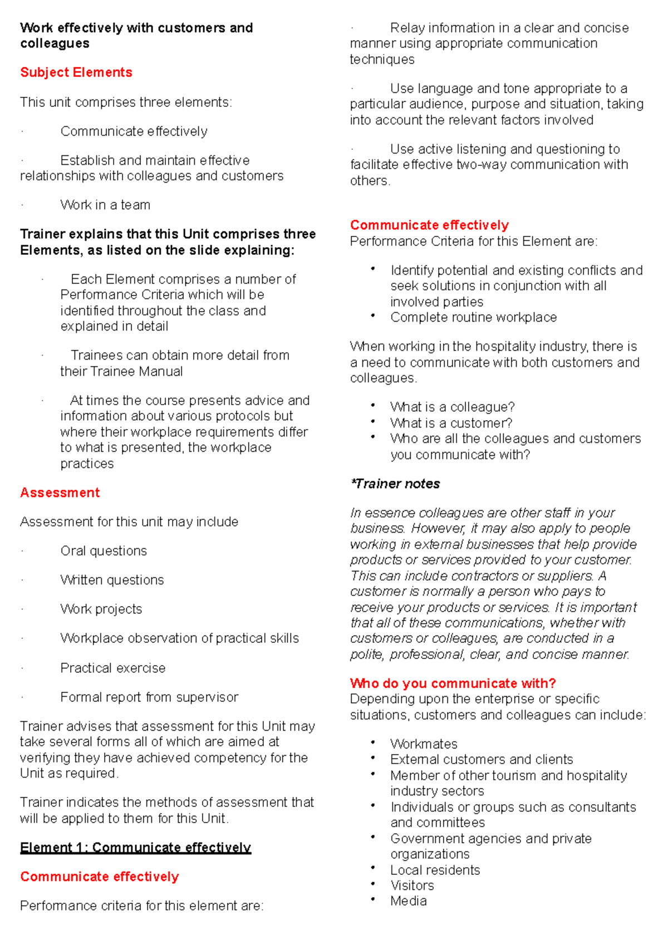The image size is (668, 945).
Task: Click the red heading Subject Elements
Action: [76, 72]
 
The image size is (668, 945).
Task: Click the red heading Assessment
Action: [60, 493]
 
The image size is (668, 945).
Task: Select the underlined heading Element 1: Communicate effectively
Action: [135, 848]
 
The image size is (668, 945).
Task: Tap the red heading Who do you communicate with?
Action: [453, 683]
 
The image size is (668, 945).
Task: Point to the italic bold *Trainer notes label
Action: [395, 484]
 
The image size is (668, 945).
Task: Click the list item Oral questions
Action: [104, 551]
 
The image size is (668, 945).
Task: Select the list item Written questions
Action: [112, 580]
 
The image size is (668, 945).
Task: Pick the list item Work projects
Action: [101, 609]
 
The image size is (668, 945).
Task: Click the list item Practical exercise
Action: [113, 668]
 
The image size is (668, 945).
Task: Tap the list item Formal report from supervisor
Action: [149, 697]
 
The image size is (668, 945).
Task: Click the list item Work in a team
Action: [105, 205]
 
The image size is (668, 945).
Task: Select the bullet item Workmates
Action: [424, 744]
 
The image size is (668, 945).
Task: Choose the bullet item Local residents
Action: [435, 870]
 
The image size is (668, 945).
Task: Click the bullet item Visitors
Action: [412, 885]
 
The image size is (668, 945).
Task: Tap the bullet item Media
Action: [409, 901]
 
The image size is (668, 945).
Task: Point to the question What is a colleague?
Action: [452, 407]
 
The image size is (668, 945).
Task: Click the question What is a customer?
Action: [451, 423]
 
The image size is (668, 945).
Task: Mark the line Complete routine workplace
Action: [473, 317]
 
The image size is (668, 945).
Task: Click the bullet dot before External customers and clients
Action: [373, 758]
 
